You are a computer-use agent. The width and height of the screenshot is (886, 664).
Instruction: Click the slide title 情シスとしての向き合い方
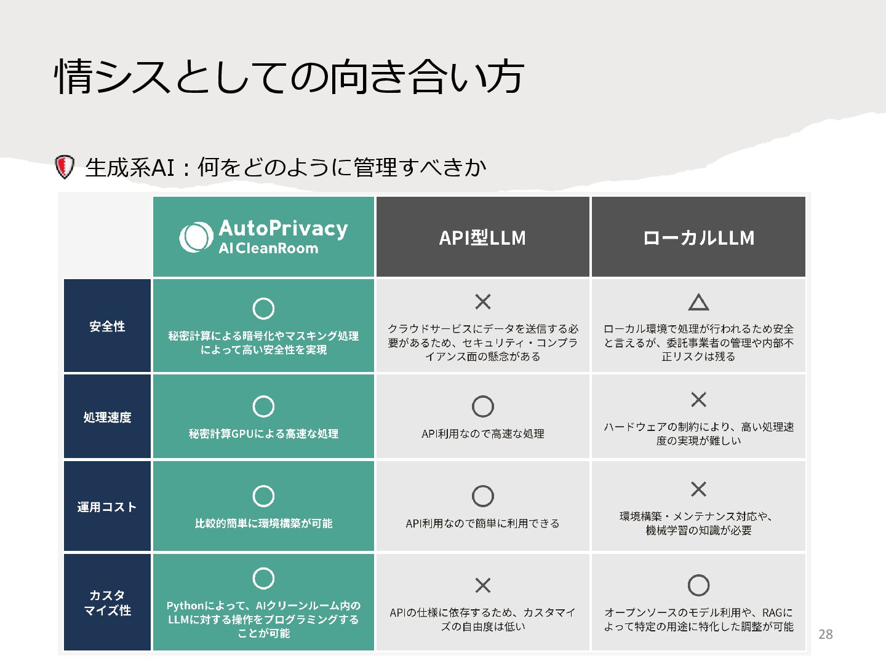[289, 77]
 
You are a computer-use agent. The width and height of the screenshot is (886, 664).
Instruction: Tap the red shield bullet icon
[65, 167]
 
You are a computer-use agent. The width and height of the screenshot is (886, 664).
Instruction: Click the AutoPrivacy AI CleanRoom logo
[263, 237]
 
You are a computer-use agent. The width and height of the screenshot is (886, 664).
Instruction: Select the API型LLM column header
[482, 238]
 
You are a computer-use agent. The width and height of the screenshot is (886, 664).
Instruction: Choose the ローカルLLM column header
[698, 238]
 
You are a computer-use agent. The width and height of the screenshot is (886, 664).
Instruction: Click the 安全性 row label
[107, 326]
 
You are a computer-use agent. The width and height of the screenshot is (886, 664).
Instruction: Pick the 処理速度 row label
[107, 417]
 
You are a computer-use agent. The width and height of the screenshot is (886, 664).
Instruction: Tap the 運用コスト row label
[107, 507]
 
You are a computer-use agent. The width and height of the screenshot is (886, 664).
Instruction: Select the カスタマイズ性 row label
[107, 603]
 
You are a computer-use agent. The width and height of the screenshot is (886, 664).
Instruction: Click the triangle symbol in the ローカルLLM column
[698, 302]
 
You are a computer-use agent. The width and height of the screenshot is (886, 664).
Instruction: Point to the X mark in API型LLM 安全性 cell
[483, 302]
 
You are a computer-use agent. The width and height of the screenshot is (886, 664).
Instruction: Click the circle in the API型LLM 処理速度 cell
[483, 406]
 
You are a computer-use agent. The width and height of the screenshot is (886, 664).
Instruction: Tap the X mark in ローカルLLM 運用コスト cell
[698, 489]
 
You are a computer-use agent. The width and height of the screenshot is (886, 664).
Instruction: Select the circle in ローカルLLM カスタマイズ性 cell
[698, 585]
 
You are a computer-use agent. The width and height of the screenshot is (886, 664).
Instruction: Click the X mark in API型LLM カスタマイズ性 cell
[483, 585]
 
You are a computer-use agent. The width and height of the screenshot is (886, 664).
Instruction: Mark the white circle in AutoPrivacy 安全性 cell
[263, 309]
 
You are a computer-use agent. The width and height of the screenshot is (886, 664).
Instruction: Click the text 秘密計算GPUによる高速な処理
[263, 434]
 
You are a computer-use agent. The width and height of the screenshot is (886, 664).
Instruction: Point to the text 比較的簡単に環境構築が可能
[263, 524]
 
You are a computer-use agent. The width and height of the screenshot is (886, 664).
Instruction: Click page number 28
[826, 634]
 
